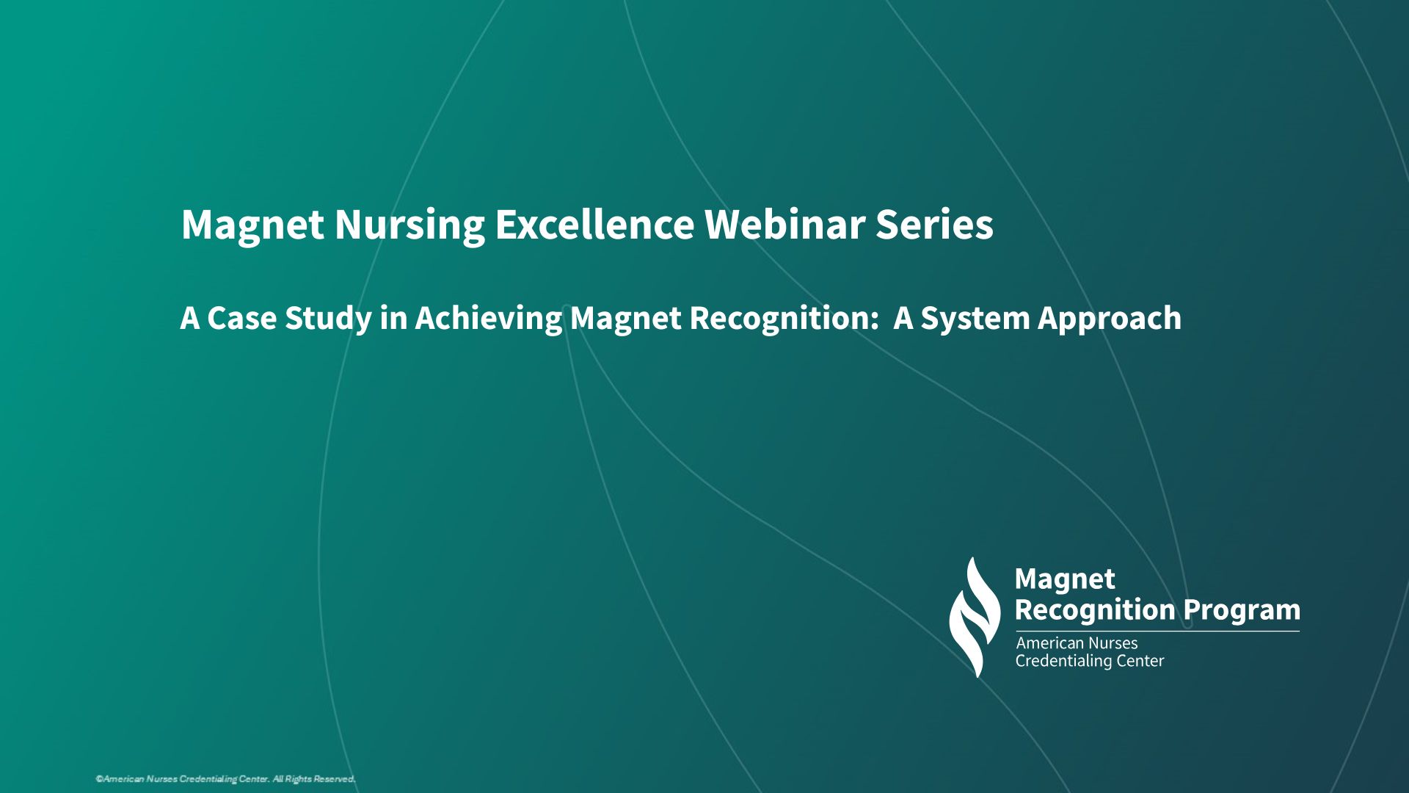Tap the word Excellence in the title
click(594, 224)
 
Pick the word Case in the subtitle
click(241, 319)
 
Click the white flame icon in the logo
click(975, 617)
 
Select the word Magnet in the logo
click(1065, 580)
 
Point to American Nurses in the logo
click(1077, 643)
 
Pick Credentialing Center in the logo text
click(1090, 661)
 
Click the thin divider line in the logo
click(1157, 631)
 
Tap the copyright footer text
click(225, 779)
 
